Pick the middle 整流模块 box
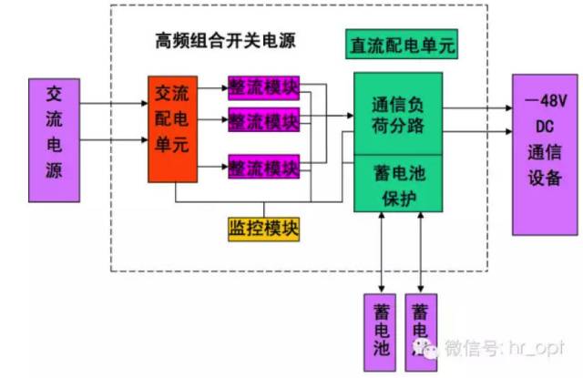point(263,119)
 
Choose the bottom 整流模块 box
point(263,168)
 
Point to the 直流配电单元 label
point(401,44)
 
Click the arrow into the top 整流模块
point(214,89)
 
